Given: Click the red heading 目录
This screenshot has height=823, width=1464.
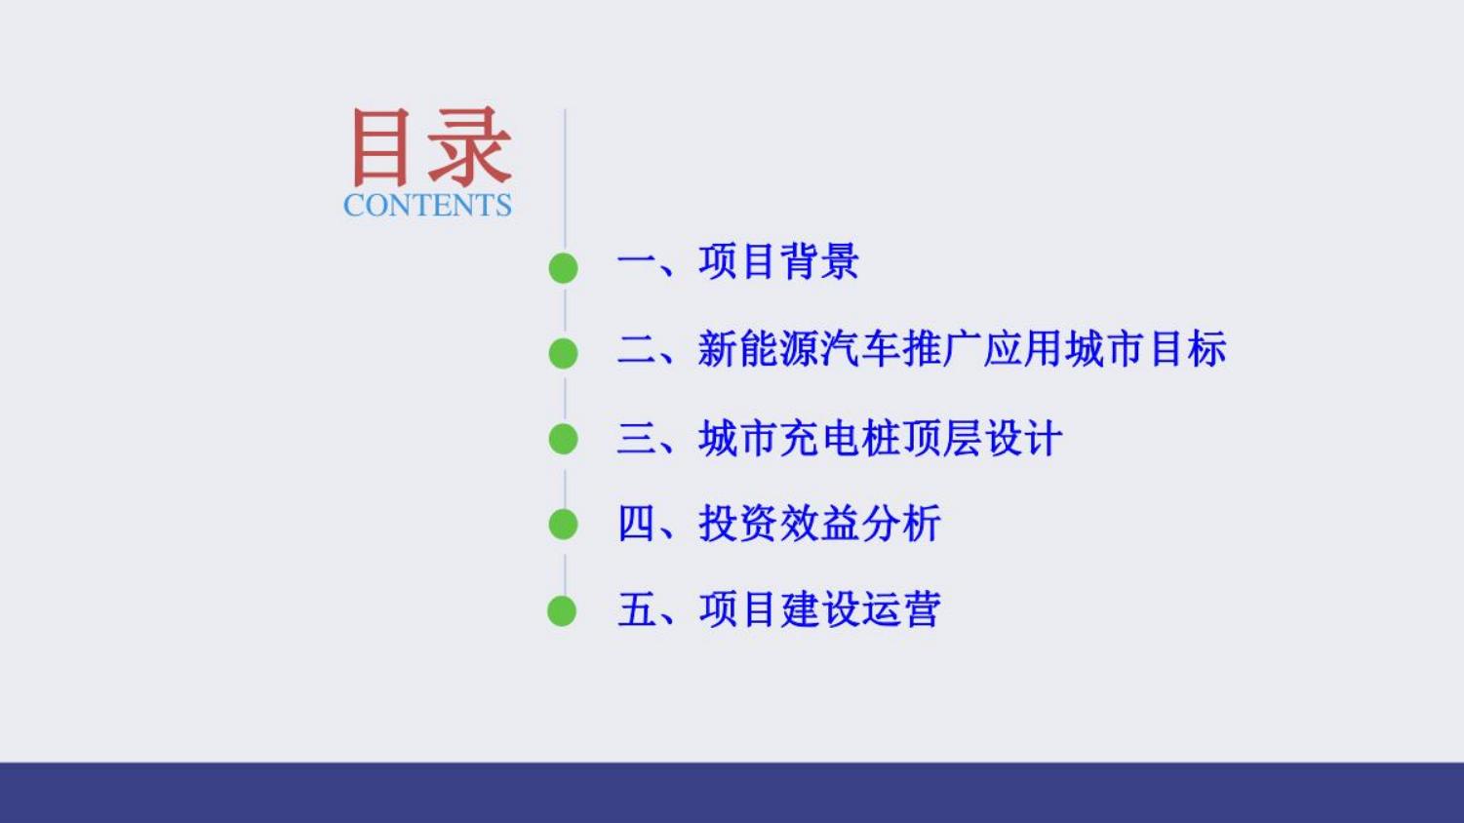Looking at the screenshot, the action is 431,147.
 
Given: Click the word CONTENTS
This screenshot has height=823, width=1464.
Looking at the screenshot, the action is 427,205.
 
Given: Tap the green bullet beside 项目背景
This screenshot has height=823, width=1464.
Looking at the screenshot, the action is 564,268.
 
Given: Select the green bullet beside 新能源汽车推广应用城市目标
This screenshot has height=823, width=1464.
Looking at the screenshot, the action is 564,353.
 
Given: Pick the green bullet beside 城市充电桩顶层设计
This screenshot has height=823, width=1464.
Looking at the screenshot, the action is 564,439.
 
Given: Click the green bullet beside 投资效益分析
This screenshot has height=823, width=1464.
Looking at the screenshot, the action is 564,525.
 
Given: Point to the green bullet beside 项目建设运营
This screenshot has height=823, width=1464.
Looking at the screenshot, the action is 562,611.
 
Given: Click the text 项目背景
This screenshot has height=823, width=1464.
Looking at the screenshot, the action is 778,261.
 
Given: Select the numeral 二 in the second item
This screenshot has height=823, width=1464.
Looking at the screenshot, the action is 637,349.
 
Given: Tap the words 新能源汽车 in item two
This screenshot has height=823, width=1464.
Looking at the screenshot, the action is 799,349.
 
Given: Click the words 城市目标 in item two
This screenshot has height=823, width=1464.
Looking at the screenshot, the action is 1146,349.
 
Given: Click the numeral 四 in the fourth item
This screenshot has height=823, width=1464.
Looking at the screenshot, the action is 637,524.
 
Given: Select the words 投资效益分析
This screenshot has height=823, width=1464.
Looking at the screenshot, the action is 819,524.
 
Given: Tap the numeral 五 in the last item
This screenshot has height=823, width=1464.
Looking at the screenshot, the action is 637,609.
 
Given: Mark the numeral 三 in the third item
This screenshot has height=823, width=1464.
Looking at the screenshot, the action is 637,438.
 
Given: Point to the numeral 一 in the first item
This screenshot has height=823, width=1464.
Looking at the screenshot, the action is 637,262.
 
